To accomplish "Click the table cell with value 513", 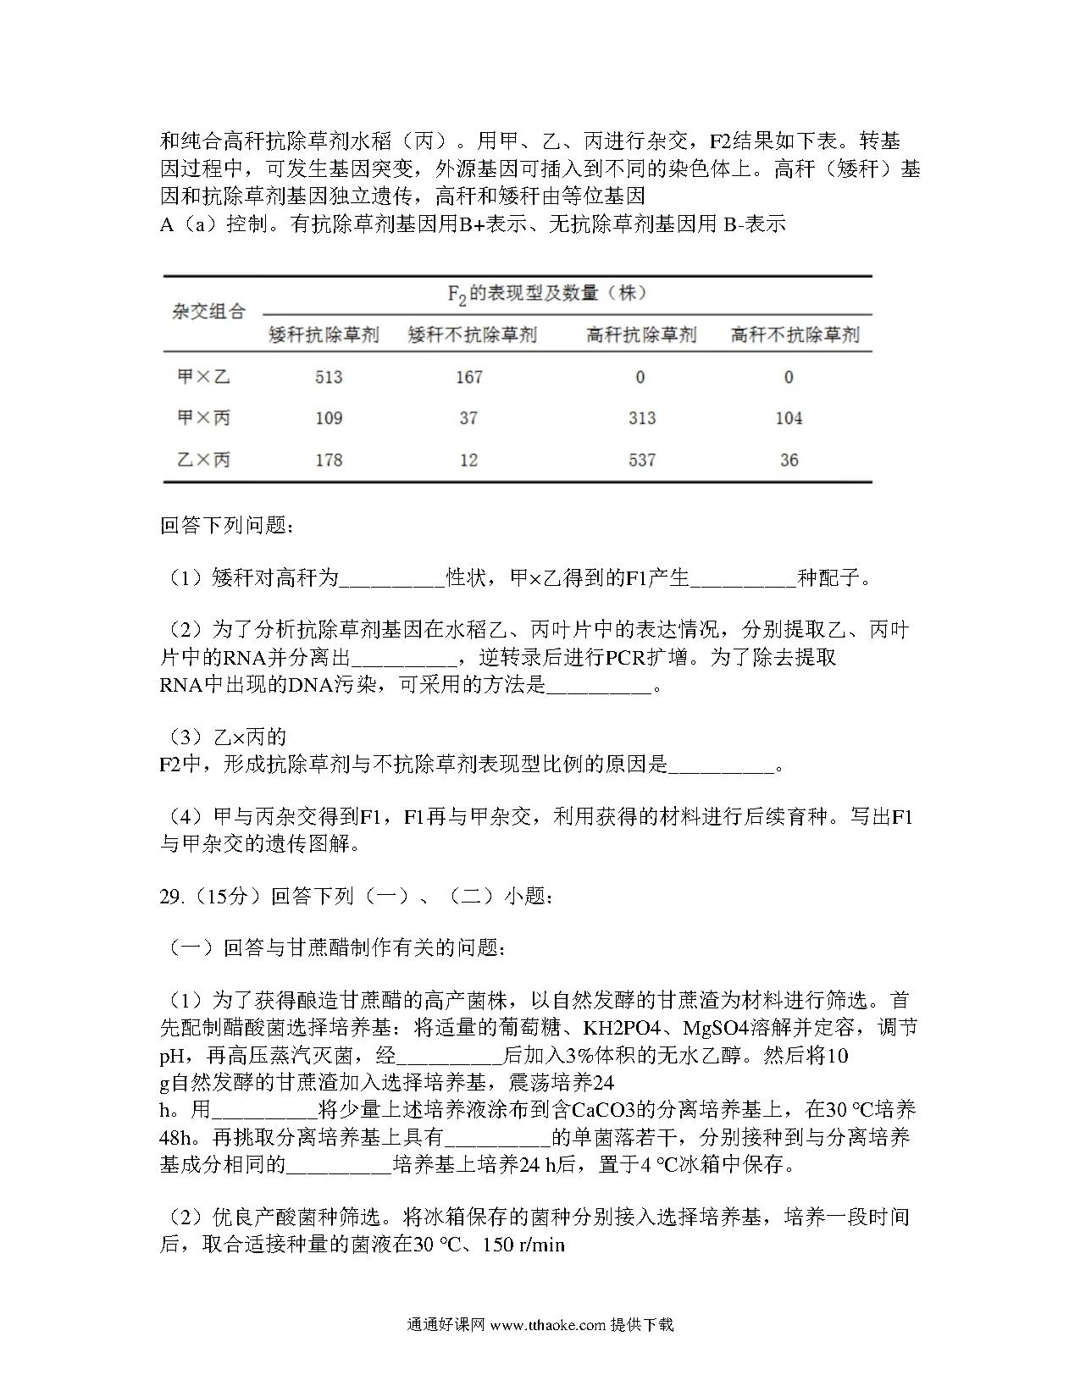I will (329, 377).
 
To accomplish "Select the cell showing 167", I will (468, 377).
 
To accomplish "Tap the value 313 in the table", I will (642, 418).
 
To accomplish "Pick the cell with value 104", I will (789, 418).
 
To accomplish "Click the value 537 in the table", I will (642, 460).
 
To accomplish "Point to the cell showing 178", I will (329, 460).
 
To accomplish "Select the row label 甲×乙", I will (203, 377).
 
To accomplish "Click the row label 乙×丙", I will (203, 460).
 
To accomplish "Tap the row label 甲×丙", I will (203, 418).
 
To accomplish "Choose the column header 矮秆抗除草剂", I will (324, 334).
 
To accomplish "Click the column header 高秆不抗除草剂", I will (795, 334).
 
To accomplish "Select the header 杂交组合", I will (208, 312).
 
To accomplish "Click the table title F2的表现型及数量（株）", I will (547, 294).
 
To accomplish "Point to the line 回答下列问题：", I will (228, 526).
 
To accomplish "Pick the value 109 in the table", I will (329, 418).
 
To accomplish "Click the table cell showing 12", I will (468, 460).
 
